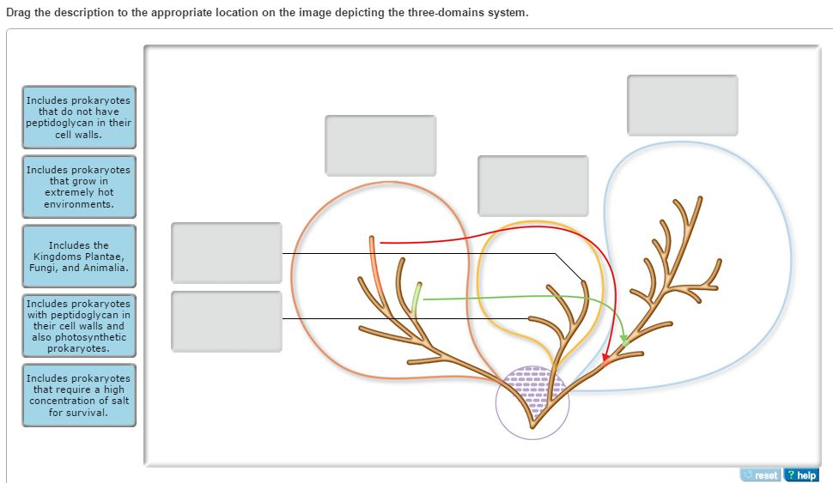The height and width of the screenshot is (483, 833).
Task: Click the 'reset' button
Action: (x=761, y=475)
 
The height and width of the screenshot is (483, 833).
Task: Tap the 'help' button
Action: (x=801, y=475)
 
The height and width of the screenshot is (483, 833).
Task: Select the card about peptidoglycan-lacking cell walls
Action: (x=79, y=118)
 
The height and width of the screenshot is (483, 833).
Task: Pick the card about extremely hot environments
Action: (x=79, y=187)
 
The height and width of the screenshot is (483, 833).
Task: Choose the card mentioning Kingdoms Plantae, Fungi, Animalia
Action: (x=79, y=257)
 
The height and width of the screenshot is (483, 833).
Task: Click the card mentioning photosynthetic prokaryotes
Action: (x=79, y=326)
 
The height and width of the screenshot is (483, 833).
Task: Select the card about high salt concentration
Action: (x=79, y=395)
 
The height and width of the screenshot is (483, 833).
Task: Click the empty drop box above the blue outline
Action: (x=683, y=106)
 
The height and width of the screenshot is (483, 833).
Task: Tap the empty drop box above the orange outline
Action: (x=380, y=146)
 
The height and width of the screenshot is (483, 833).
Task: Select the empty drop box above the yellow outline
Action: (x=532, y=186)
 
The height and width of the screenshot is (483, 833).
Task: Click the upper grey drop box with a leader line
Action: (x=227, y=253)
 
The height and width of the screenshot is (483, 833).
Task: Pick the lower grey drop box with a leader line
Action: (x=227, y=322)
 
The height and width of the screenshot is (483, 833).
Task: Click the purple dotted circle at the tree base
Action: (x=532, y=402)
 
